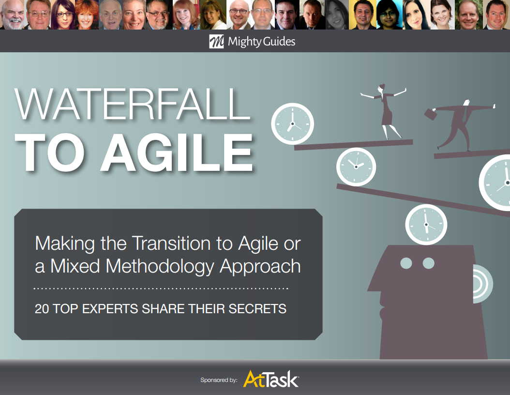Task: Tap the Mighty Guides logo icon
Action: click(216, 42)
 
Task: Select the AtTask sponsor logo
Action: click(271, 379)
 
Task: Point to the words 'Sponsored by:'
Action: click(219, 380)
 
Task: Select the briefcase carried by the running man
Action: click(430, 114)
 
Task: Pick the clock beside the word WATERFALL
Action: click(292, 124)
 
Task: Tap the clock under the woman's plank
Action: click(356, 166)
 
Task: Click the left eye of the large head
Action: click(406, 263)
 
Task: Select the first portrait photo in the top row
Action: click(13, 15)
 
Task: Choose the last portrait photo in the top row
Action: click(497, 15)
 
